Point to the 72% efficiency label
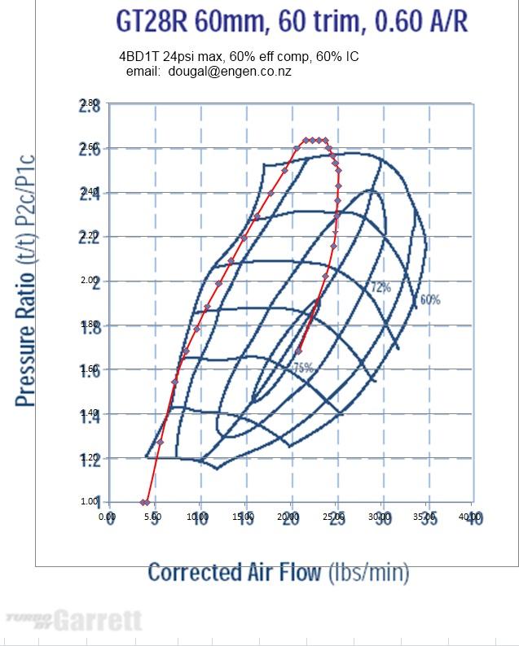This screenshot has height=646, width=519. [x=381, y=287]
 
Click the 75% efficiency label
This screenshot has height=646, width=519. [x=302, y=368]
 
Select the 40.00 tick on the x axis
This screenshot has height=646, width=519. [x=470, y=517]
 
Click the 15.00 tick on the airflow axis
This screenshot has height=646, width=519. [x=243, y=517]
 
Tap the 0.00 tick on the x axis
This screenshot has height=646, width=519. [x=107, y=517]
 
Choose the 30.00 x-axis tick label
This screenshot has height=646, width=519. [x=379, y=517]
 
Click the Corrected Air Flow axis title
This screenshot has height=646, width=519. [x=278, y=572]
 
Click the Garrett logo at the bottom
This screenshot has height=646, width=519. [x=74, y=622]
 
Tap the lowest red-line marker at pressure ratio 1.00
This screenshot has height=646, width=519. [x=143, y=502]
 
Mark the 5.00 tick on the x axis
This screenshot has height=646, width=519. [x=152, y=517]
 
